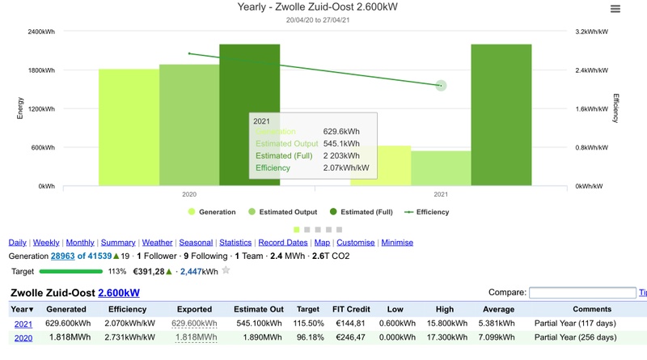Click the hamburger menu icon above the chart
tap(615, 9)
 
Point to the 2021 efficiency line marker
tap(441, 85)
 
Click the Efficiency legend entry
tap(426, 212)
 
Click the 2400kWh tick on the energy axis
tap(41, 32)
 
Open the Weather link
tap(157, 243)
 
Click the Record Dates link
tap(283, 243)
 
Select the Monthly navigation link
tap(80, 243)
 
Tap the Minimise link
tap(396, 243)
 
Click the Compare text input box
tap(581, 293)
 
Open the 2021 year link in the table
tap(23, 324)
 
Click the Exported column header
tap(194, 309)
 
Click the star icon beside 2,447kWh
tap(226, 270)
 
